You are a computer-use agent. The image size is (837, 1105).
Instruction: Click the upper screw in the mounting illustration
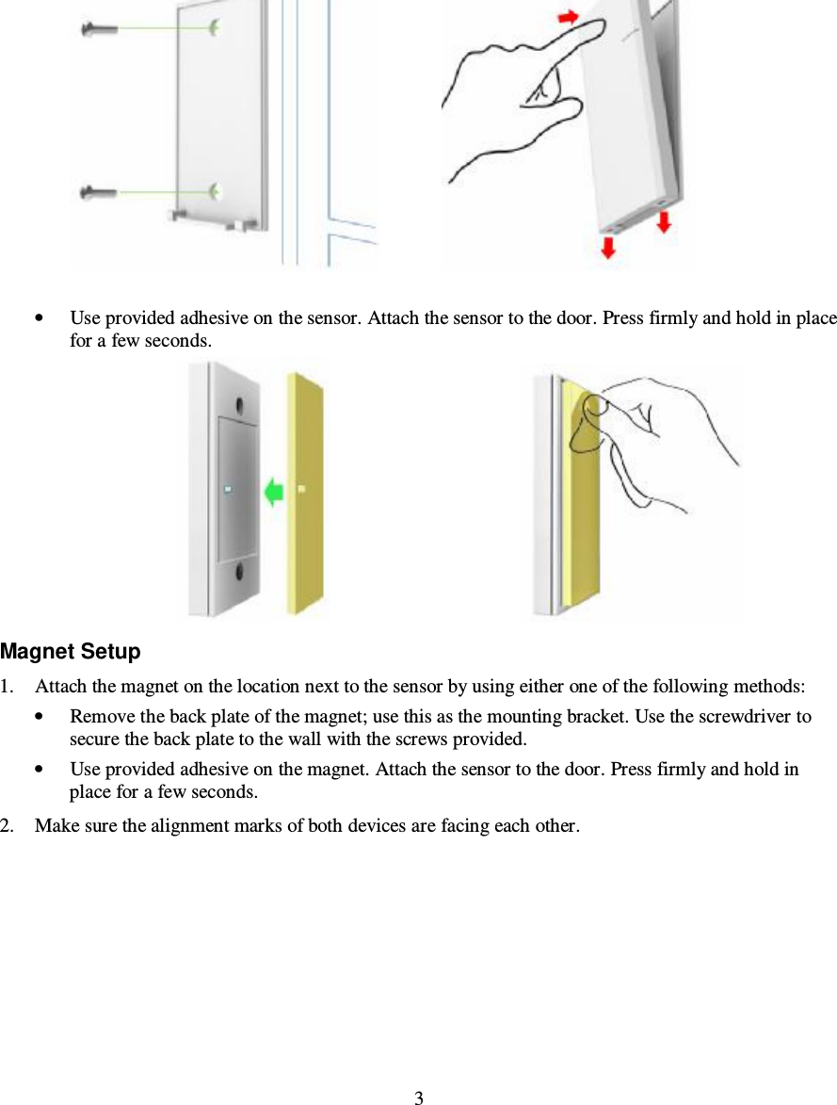coord(98,30)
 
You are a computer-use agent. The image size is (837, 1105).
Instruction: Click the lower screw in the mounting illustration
coord(98,193)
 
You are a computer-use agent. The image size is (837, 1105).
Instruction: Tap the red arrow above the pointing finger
coord(568,17)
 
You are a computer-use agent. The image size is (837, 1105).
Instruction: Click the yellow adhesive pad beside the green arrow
coord(307,490)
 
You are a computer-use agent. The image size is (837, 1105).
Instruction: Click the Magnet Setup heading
coord(71,652)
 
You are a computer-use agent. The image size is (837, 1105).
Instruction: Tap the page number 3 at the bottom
coord(419,1097)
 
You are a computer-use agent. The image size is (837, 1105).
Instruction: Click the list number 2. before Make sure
coord(8,826)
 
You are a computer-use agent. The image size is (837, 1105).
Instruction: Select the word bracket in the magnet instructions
coord(602,717)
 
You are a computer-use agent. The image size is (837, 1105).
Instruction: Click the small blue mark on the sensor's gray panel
coord(229,490)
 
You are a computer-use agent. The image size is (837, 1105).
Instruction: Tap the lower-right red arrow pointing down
coord(665,222)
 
